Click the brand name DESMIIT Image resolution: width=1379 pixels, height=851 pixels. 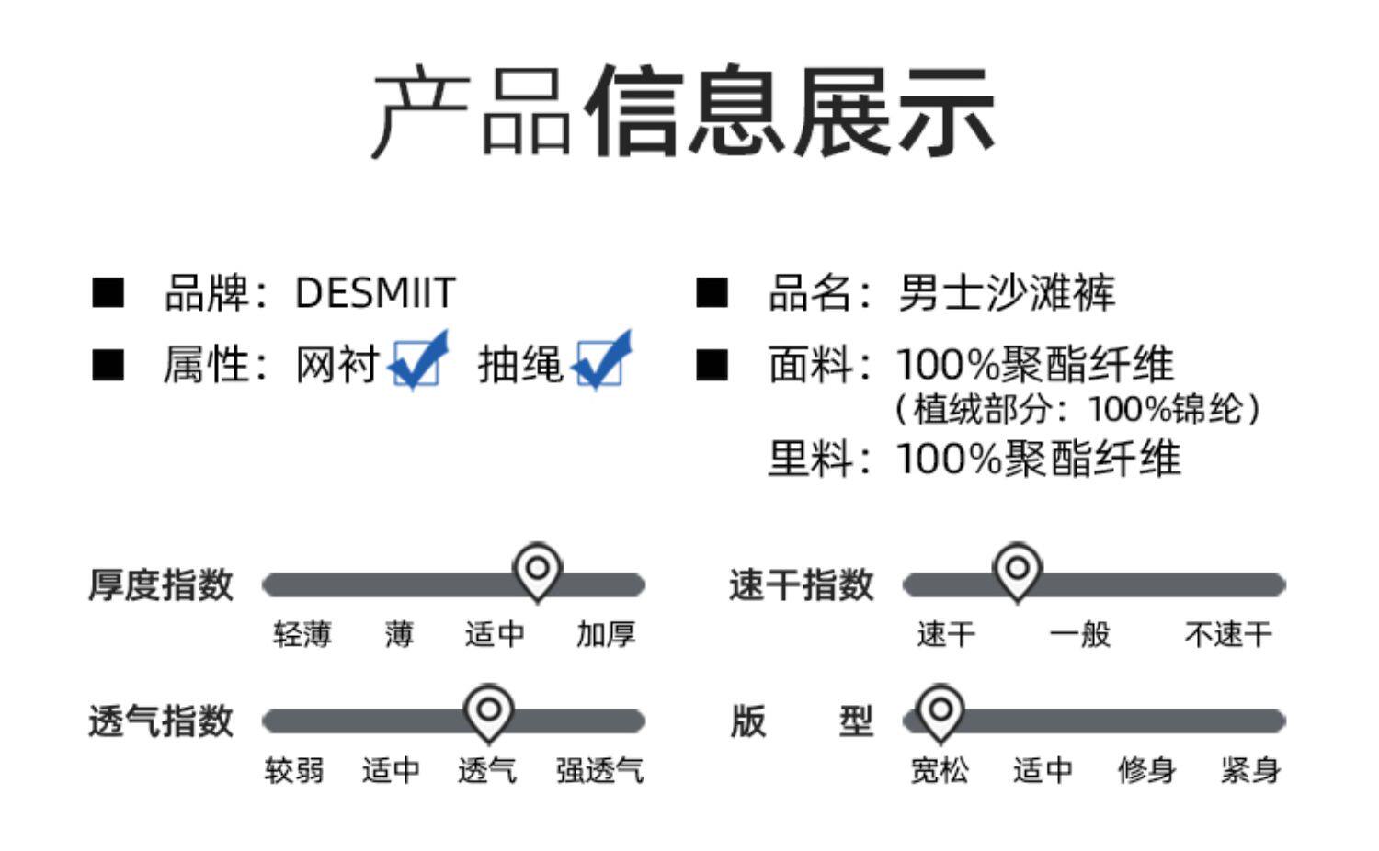pyautogui.click(x=375, y=293)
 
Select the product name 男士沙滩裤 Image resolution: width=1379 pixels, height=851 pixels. pyautogui.click(x=1006, y=293)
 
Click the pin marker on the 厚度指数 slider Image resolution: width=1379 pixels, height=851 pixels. pyautogui.click(x=538, y=570)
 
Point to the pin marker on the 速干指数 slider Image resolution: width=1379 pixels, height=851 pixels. pyautogui.click(x=1017, y=570)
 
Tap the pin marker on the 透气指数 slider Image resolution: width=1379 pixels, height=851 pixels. pyautogui.click(x=488, y=711)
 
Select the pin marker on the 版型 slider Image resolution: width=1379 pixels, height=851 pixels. pyautogui.click(x=940, y=711)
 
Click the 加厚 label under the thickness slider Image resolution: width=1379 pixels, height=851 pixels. pyautogui.click(x=606, y=634)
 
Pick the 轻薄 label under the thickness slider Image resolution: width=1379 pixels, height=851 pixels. pyautogui.click(x=302, y=634)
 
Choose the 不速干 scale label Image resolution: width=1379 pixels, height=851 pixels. pyautogui.click(x=1227, y=634)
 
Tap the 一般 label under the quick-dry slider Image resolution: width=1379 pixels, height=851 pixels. pyautogui.click(x=1079, y=634)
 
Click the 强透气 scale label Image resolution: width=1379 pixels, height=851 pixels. pyautogui.click(x=599, y=770)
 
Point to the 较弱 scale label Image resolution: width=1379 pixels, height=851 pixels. pyautogui.click(x=294, y=770)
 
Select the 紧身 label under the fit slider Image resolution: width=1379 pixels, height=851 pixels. pyautogui.click(x=1250, y=770)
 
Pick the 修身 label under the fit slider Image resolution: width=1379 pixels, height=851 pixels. pyautogui.click(x=1146, y=770)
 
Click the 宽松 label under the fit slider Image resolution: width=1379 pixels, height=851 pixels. pyautogui.click(x=940, y=770)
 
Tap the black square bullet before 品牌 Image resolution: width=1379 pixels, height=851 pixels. pyautogui.click(x=108, y=293)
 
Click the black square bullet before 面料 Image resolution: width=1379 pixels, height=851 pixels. pyautogui.click(x=712, y=365)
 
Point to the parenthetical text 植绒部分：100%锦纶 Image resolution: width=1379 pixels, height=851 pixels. pyautogui.click(x=1077, y=409)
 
